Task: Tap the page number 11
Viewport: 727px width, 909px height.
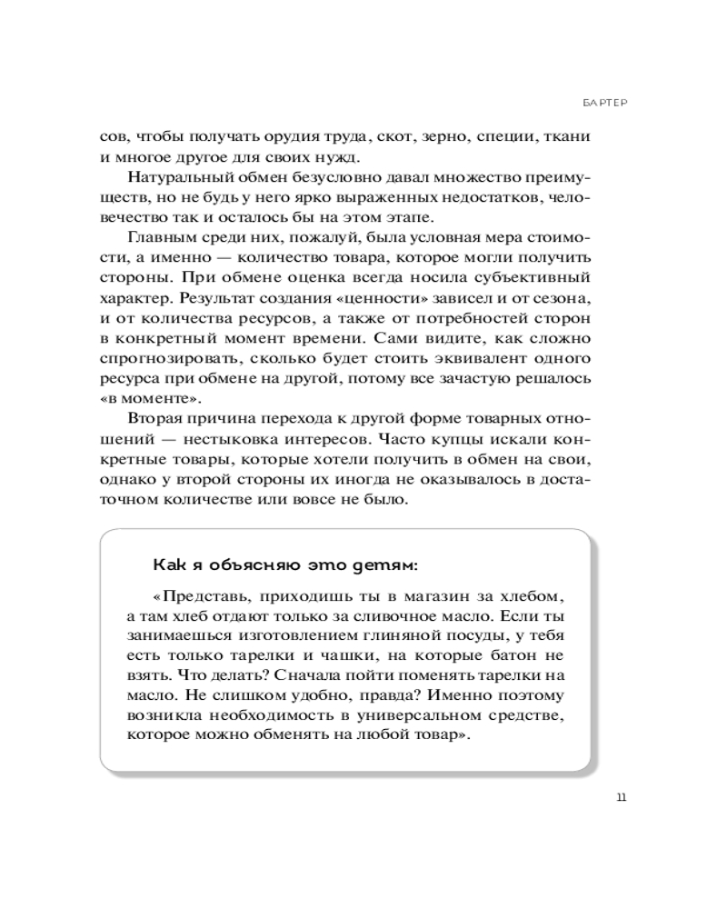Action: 621,797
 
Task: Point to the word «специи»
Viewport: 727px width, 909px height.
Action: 508,136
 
